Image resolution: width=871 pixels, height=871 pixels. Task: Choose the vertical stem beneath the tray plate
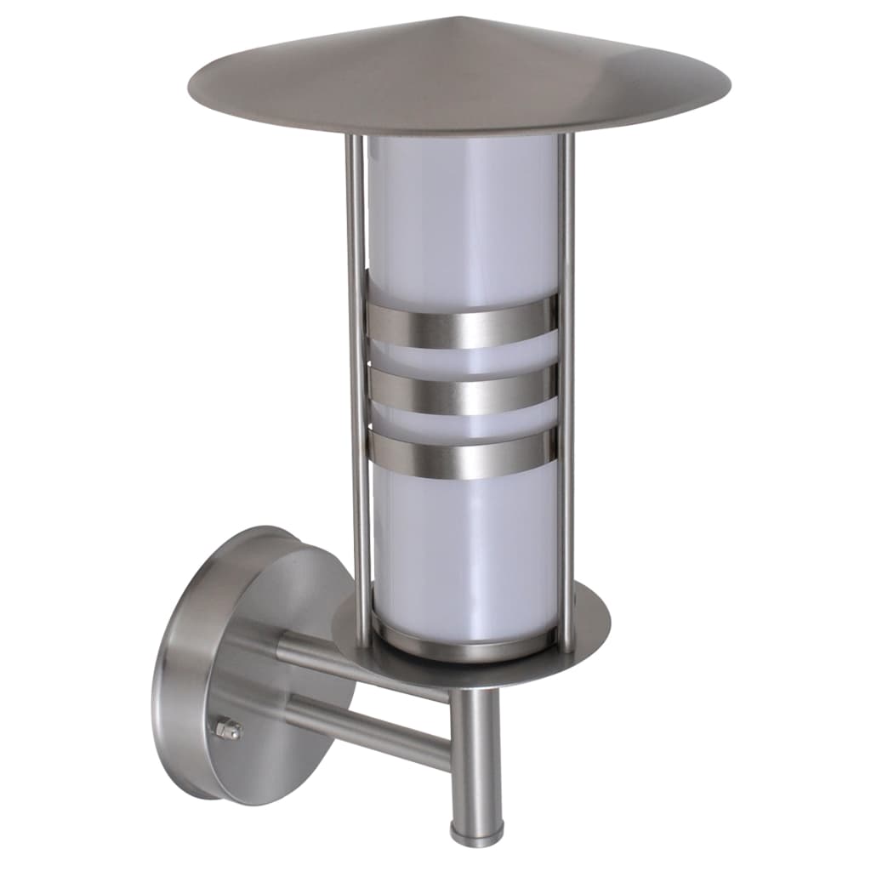pyautogui.click(x=475, y=749)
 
